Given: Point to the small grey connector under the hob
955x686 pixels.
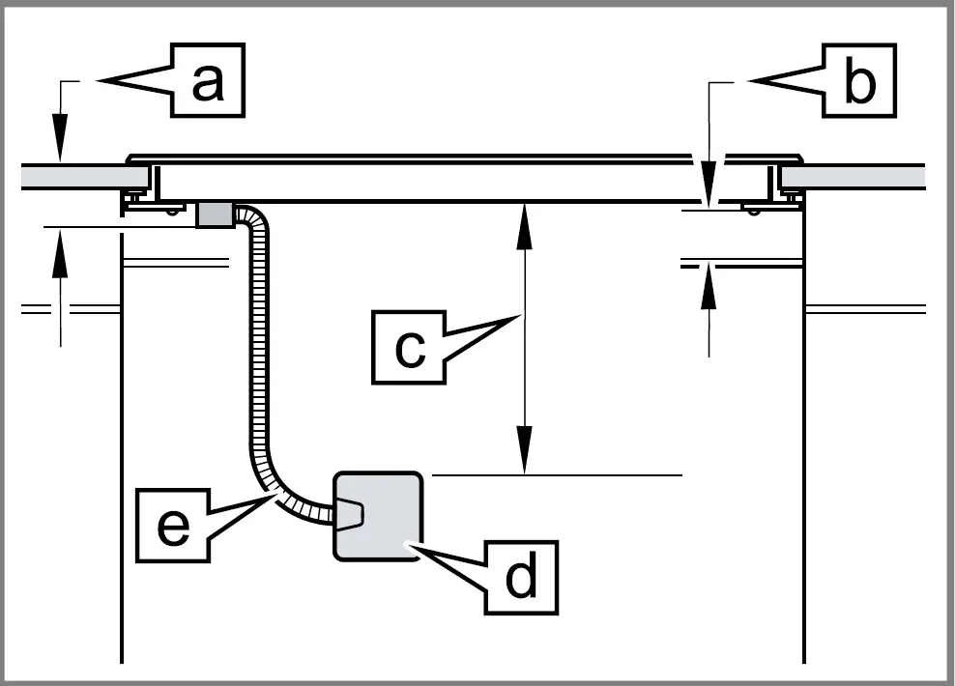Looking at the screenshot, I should point(215,214).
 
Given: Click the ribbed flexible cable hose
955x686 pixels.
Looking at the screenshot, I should point(261,367).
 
